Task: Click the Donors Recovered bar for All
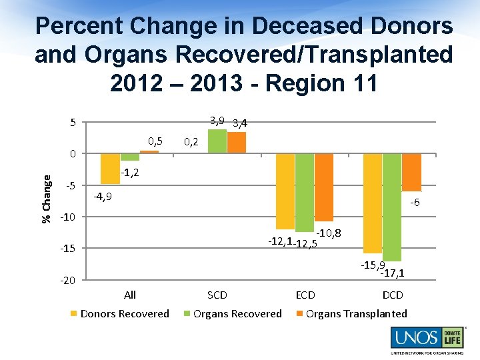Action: click(x=110, y=169)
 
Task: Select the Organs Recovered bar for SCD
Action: click(x=217, y=141)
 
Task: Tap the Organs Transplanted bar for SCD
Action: click(x=237, y=143)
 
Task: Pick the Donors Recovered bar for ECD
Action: click(x=285, y=191)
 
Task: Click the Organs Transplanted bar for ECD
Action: click(x=324, y=187)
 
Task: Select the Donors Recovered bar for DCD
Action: click(x=373, y=203)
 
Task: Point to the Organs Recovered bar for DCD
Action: click(x=392, y=207)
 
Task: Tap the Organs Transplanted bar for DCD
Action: click(x=411, y=173)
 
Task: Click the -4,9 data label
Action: click(x=103, y=197)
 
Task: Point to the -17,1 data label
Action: click(x=392, y=272)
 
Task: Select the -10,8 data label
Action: click(x=329, y=233)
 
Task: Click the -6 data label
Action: click(x=415, y=203)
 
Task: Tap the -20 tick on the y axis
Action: click(x=68, y=281)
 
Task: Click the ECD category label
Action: click(x=305, y=295)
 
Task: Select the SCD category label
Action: click(x=217, y=295)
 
